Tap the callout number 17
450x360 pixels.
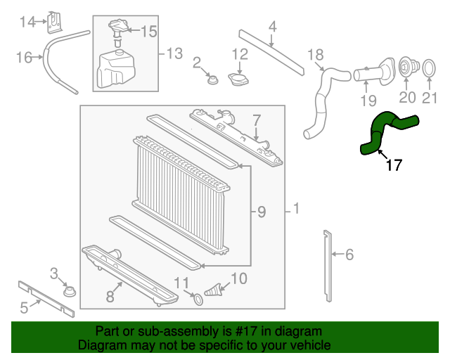[394, 166]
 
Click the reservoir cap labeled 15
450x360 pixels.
[116, 30]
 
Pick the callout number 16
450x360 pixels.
[24, 57]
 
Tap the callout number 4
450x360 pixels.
[272, 27]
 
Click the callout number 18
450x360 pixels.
[316, 54]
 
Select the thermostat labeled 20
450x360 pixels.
[406, 69]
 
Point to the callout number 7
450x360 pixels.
[257, 120]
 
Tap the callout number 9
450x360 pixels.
[261, 211]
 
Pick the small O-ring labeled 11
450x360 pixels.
[198, 300]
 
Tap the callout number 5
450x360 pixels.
[24, 307]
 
